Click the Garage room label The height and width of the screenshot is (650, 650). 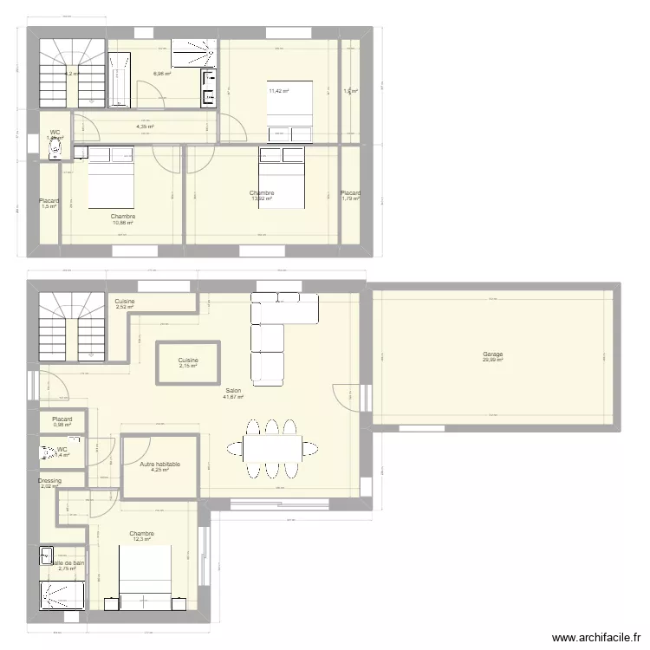click(x=493, y=354)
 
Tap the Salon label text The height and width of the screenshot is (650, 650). click(x=233, y=391)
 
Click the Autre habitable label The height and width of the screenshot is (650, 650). click(x=160, y=465)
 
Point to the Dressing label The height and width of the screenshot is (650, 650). click(x=49, y=480)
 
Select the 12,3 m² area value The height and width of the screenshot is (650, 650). click(x=142, y=540)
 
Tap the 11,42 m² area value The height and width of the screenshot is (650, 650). click(x=278, y=90)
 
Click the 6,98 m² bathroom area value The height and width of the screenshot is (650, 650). click(x=162, y=74)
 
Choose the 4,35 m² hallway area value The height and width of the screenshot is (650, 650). click(x=145, y=127)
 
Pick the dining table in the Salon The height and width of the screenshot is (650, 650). click(x=272, y=448)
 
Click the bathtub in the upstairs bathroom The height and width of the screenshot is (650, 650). click(x=120, y=79)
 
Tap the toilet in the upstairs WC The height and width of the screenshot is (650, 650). click(x=57, y=150)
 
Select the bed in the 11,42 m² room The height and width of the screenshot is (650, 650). click(x=289, y=109)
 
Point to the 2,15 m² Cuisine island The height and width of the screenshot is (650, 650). click(x=188, y=363)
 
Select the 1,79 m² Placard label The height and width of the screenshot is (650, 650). click(x=350, y=193)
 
